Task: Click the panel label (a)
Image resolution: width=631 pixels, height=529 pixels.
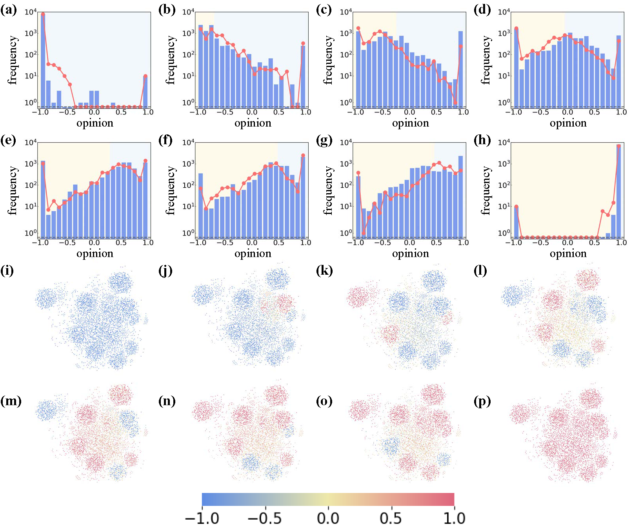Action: point(9,10)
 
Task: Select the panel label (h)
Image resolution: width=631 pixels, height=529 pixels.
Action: point(482,140)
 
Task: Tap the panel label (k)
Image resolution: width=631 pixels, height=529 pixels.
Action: point(324,271)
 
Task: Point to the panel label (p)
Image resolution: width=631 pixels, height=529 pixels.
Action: point(482,401)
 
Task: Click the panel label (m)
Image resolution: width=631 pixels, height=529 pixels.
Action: point(11,401)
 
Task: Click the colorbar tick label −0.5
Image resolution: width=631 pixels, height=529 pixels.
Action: point(265,518)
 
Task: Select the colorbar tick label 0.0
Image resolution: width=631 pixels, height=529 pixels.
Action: point(328,518)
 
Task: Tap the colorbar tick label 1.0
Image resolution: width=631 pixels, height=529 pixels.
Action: point(454,518)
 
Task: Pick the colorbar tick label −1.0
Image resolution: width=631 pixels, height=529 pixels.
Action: point(202,518)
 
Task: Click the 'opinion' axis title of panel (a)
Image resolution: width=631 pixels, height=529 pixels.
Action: point(95,123)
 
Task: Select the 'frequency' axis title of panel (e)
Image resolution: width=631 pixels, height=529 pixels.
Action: point(13,190)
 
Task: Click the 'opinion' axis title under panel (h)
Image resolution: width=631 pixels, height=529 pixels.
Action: point(568,254)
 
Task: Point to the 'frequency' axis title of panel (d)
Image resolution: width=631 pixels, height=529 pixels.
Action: point(486,60)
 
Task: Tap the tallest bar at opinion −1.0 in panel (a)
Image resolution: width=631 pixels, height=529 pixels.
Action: point(43,59)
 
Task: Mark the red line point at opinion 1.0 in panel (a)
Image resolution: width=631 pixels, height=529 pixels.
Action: point(145,76)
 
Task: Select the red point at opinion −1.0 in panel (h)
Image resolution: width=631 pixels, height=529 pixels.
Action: point(516,207)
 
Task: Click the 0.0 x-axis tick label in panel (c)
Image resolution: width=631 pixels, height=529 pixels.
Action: point(409,112)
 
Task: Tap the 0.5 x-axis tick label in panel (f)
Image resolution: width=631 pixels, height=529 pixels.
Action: point(278,243)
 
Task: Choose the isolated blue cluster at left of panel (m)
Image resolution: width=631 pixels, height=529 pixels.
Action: point(46,411)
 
